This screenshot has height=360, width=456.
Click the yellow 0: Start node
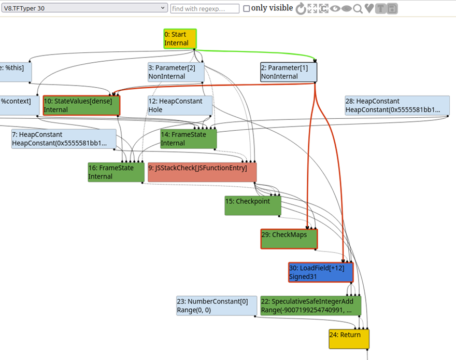[x=180, y=39]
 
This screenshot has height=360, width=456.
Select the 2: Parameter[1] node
[x=289, y=72]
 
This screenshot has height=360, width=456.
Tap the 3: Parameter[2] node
[x=176, y=72]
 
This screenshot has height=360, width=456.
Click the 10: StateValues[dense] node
[x=81, y=105]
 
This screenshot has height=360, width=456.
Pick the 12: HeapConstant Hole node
[x=180, y=105]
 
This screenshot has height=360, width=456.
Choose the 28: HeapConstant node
[x=397, y=105]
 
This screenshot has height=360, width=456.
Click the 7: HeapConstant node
[x=64, y=139]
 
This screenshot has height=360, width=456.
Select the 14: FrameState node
[x=189, y=139]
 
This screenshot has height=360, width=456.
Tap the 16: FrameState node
[x=116, y=172]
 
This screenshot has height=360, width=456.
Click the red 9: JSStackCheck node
[x=202, y=172]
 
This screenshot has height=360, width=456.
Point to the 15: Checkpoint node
[x=253, y=206]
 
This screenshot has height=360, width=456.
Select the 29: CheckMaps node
[x=289, y=239]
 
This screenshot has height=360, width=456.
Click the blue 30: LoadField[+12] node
[x=321, y=272]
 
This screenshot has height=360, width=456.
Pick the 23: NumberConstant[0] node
[x=217, y=306]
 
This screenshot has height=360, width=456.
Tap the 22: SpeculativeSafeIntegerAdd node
[x=310, y=306]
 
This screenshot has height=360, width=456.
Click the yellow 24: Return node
[x=349, y=339]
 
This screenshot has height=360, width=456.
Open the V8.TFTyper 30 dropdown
[x=84, y=8]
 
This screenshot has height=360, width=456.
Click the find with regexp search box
[x=205, y=9]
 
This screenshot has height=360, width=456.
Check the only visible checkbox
[x=246, y=8]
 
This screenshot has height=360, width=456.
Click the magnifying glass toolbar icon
[x=358, y=9]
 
